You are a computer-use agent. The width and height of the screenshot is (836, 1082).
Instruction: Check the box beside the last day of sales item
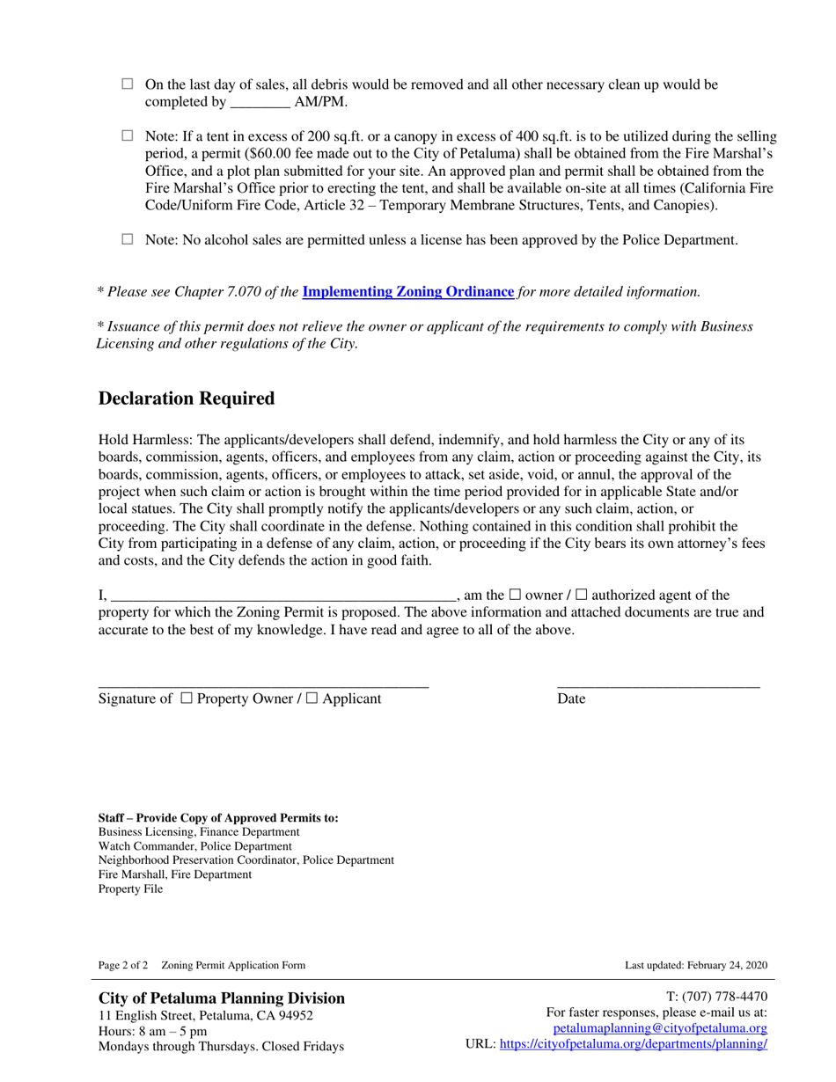[126, 84]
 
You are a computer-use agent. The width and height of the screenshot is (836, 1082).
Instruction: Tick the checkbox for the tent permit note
[126, 136]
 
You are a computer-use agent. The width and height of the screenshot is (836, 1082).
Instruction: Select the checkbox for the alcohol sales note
[126, 239]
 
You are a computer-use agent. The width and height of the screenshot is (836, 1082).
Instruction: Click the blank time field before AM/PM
[260, 102]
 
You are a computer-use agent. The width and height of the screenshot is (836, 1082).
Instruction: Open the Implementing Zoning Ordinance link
[408, 291]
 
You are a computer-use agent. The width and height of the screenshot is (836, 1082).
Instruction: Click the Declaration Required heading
[187, 398]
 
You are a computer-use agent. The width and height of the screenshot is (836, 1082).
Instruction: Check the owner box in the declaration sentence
[515, 596]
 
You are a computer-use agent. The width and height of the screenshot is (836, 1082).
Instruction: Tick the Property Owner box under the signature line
[186, 698]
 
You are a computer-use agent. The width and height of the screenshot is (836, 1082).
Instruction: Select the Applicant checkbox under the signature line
[312, 698]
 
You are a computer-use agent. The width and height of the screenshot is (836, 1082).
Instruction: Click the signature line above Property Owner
[262, 685]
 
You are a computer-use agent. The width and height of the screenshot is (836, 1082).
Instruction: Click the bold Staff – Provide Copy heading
[218, 817]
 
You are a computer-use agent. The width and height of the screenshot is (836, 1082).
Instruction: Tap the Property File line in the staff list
[130, 888]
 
